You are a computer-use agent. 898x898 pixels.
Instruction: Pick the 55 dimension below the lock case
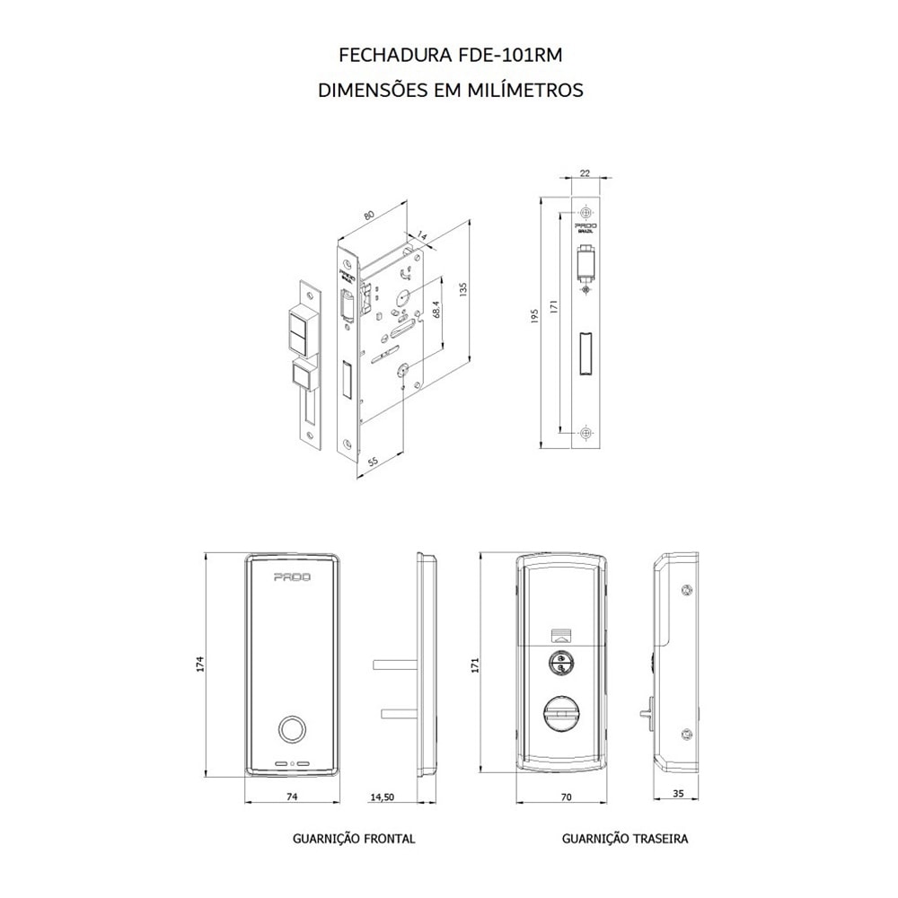[x=372, y=462]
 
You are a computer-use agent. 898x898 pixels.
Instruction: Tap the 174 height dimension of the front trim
[x=201, y=665]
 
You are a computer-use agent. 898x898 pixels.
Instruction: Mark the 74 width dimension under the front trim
[x=291, y=797]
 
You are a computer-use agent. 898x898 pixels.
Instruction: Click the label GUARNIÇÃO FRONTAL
[x=354, y=839]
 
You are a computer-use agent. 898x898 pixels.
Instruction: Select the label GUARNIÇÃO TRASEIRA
[x=625, y=839]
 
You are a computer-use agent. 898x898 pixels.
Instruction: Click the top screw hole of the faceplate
[x=585, y=213]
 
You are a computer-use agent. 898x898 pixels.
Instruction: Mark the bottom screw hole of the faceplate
[x=585, y=433]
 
